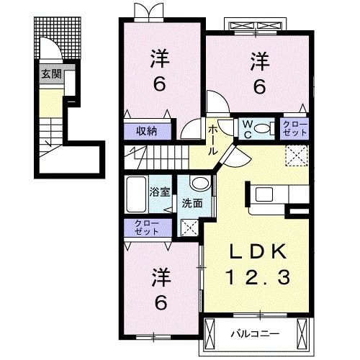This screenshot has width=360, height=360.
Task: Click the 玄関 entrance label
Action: click(50, 73)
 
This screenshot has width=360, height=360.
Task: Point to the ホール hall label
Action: click(215, 140)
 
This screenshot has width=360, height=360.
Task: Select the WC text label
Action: click(247, 129)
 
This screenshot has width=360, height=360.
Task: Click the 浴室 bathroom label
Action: click(159, 193)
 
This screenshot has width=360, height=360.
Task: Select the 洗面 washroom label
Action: click(192, 204)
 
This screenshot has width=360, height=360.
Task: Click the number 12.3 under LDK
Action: click(258, 276)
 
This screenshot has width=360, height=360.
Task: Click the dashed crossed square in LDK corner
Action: click(297, 154)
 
